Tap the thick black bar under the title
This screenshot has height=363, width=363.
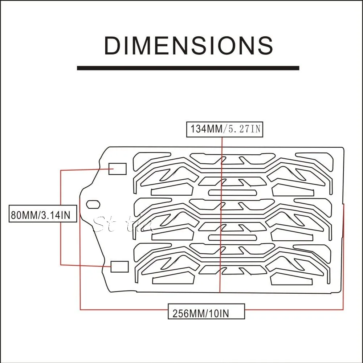click(x=188, y=68)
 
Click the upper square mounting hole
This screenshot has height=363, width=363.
click(x=118, y=169)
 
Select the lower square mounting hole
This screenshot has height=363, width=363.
click(x=119, y=267)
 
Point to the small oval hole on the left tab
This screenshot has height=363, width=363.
click(x=93, y=204)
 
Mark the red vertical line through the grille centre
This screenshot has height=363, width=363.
click(x=221, y=218)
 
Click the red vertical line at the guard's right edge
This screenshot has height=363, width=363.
click(x=343, y=254)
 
